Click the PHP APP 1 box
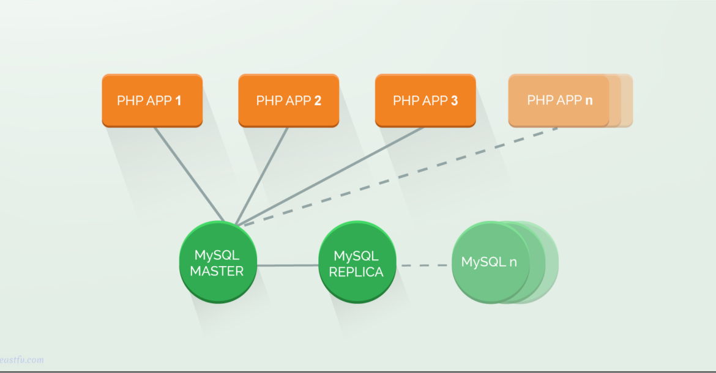pyautogui.click(x=152, y=100)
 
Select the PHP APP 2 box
pyautogui.click(x=288, y=100)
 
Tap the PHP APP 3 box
pyautogui.click(x=425, y=100)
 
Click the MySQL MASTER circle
pyautogui.click(x=217, y=263)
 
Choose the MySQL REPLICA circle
pyautogui.click(x=357, y=263)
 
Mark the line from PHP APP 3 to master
pyautogui.click(x=330, y=176)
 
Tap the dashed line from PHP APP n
pyautogui.click(x=398, y=176)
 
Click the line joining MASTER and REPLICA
pyautogui.click(x=288, y=265)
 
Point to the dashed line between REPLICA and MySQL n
pyautogui.click(x=424, y=265)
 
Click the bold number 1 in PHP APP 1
pyautogui.click(x=178, y=100)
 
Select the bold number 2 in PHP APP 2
pyautogui.click(x=318, y=100)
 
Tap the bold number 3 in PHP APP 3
pyautogui.click(x=454, y=100)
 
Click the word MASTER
pyautogui.click(x=217, y=271)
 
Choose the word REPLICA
pyautogui.click(x=356, y=272)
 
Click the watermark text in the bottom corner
pyautogui.click(x=22, y=360)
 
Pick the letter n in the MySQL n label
pyautogui.click(x=513, y=262)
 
